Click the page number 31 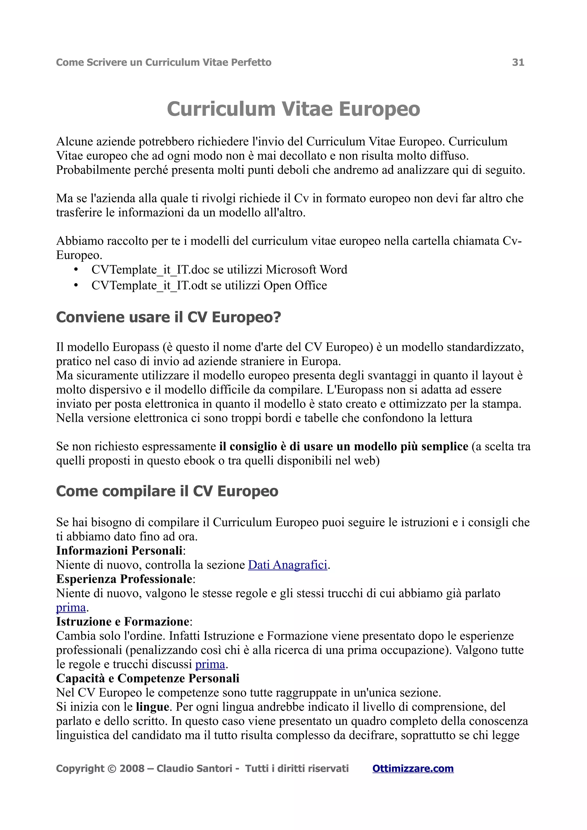pyautogui.click(x=518, y=62)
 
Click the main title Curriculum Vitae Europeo pyautogui.click(x=293, y=109)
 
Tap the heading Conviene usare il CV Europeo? pyautogui.click(x=169, y=317)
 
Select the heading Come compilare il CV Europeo pyautogui.click(x=167, y=491)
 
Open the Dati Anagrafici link pyautogui.click(x=287, y=565)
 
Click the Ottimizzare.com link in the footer pyautogui.click(x=413, y=768)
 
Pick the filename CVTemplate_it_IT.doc pyautogui.click(x=150, y=270)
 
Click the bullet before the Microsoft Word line pyautogui.click(x=76, y=270)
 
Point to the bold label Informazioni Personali pyautogui.click(x=119, y=550)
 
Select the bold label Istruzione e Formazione pyautogui.click(x=123, y=621)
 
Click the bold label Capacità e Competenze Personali pyautogui.click(x=148, y=678)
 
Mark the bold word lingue pyautogui.click(x=153, y=707)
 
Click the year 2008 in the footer pyautogui.click(x=132, y=768)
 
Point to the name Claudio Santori pyautogui.click(x=194, y=768)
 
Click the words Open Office pyautogui.click(x=295, y=286)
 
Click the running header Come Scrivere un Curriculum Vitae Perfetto pyautogui.click(x=163, y=62)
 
